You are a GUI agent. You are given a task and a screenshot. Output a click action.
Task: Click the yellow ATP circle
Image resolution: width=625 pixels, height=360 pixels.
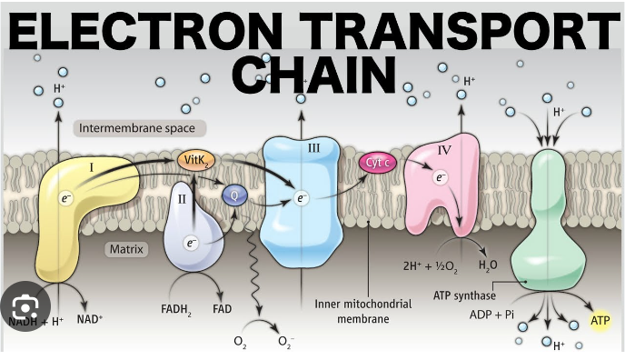point(600,320)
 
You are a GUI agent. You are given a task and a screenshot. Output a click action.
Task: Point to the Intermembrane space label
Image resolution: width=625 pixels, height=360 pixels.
point(136,128)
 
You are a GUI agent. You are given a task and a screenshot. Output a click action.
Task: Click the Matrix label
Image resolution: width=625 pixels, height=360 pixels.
point(126,248)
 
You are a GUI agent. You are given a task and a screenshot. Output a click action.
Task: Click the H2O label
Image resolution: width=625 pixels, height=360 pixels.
point(488,265)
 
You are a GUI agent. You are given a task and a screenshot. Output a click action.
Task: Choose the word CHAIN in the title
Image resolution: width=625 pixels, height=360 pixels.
point(312,75)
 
